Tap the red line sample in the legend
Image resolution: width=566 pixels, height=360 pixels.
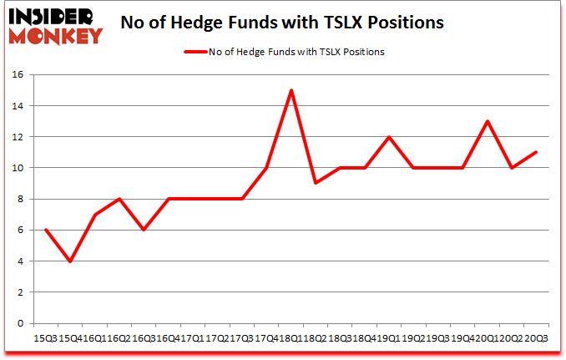pos(200,52)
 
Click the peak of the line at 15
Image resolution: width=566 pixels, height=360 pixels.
pos(291,90)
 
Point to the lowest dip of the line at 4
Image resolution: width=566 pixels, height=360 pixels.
pos(70,261)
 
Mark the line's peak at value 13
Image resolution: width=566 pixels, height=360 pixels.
pos(487,121)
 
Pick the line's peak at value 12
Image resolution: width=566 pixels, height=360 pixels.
pos(389,137)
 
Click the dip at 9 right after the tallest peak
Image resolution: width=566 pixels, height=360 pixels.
pos(316,183)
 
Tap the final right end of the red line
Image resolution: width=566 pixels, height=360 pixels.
pos(536,152)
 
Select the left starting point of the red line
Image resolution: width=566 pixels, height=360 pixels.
pos(45,230)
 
